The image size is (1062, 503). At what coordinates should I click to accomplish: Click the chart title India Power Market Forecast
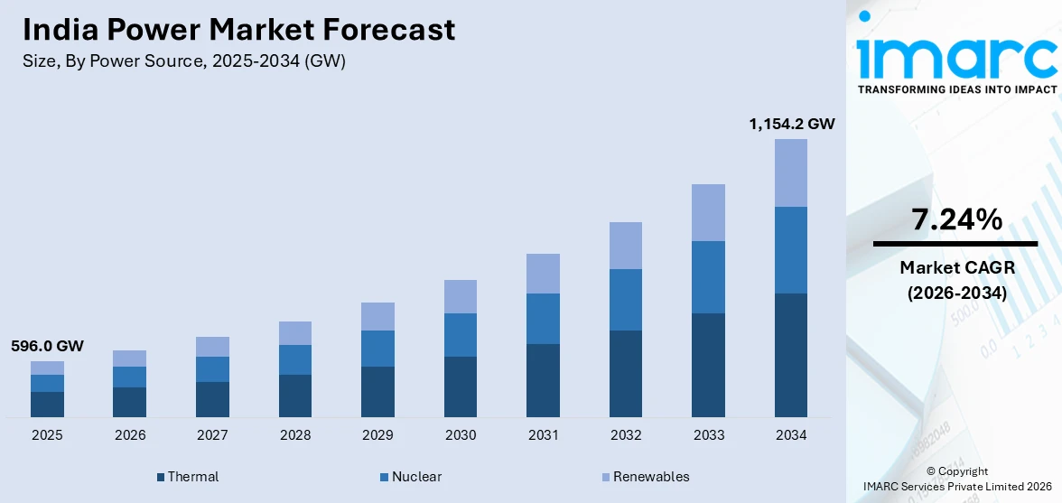pos(239,31)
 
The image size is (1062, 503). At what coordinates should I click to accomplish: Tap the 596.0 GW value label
pos(47,346)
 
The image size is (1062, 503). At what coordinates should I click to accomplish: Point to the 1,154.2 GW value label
pos(791,124)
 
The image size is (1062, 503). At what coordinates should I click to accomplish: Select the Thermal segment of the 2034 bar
pos(791,355)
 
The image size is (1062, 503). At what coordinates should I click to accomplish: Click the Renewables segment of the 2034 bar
pos(791,172)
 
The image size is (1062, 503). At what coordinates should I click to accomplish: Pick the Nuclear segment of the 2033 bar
pos(708,276)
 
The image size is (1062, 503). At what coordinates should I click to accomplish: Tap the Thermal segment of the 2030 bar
pos(461,387)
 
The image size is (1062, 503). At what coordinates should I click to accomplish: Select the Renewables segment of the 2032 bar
pos(626,246)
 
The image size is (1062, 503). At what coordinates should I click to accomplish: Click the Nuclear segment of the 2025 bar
pos(47,383)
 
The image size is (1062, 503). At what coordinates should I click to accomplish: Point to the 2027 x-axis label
pos(212,435)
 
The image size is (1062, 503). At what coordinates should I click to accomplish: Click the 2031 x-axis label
pos(543,435)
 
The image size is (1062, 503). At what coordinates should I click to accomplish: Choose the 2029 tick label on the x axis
pos(377,435)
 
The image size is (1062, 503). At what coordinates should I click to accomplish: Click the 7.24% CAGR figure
pos(955,219)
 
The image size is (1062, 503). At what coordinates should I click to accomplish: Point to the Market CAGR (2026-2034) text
pos(955,280)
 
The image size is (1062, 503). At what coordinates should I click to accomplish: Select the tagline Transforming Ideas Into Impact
pos(956,89)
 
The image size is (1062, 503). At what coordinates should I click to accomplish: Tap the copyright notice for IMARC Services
pos(956,479)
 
